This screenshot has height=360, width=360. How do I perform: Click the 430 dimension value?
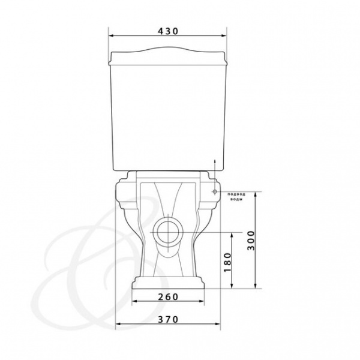tap(168, 31)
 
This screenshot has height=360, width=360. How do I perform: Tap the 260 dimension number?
tap(168, 297)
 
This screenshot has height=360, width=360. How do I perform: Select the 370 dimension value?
tap(168, 319)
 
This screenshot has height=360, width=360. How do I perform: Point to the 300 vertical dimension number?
tap(251, 241)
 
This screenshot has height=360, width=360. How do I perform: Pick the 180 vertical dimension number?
tap(227, 262)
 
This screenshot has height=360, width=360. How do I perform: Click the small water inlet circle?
tap(215, 191)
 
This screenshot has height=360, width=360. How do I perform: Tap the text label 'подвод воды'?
tap(236, 197)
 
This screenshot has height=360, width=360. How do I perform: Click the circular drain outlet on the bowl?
tap(168, 232)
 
